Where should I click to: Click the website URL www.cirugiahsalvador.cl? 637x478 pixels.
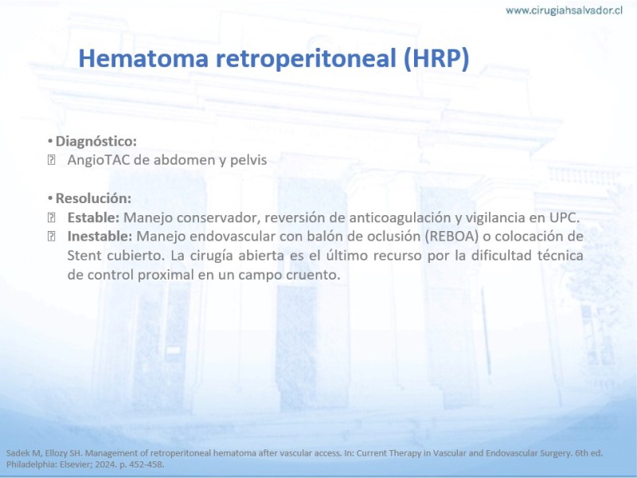(x=564, y=10)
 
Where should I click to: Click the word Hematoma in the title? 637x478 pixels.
(x=143, y=57)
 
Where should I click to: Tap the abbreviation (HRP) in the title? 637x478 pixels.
(x=436, y=58)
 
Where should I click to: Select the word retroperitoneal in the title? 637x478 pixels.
(x=306, y=59)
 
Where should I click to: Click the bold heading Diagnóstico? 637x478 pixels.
(x=96, y=142)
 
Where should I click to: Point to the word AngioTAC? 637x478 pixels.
(x=99, y=160)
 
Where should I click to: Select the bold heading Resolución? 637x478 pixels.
(x=93, y=198)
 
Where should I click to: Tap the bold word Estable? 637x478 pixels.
(x=93, y=217)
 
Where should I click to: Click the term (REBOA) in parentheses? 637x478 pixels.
(x=451, y=237)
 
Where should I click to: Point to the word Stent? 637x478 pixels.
(x=84, y=255)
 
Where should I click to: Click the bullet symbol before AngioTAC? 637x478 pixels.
(x=51, y=160)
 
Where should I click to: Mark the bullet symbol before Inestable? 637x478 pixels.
(x=51, y=236)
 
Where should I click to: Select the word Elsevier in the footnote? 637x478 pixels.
(x=76, y=464)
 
